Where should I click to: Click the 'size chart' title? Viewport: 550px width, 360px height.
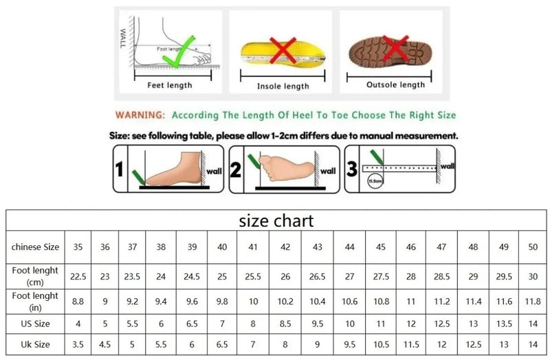(276, 221)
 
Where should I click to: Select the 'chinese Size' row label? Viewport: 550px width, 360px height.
(36, 247)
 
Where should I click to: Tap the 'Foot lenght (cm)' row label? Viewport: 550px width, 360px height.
(36, 276)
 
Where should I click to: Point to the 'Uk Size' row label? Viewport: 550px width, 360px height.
(36, 343)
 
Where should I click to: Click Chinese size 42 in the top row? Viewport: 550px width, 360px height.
(285, 247)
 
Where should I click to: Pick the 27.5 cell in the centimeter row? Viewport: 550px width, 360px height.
(380, 276)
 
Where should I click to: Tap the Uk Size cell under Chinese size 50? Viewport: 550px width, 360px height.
(532, 343)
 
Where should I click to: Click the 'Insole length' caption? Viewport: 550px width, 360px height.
(283, 86)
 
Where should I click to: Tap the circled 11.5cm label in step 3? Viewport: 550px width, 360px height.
(375, 181)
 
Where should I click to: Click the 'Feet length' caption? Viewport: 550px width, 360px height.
(170, 85)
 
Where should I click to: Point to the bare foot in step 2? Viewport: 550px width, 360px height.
(282, 167)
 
